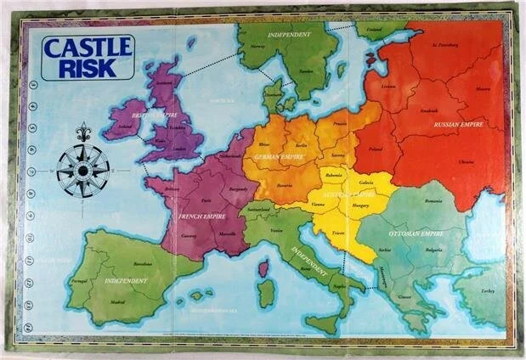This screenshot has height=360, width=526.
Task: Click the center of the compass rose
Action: tap(83, 170)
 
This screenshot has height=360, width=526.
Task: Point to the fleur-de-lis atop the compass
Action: tap(83, 134)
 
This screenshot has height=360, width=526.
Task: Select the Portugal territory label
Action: tap(79, 281)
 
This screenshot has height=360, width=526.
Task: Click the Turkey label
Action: tap(486, 290)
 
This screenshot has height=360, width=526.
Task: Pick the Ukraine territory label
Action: tap(467, 161)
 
